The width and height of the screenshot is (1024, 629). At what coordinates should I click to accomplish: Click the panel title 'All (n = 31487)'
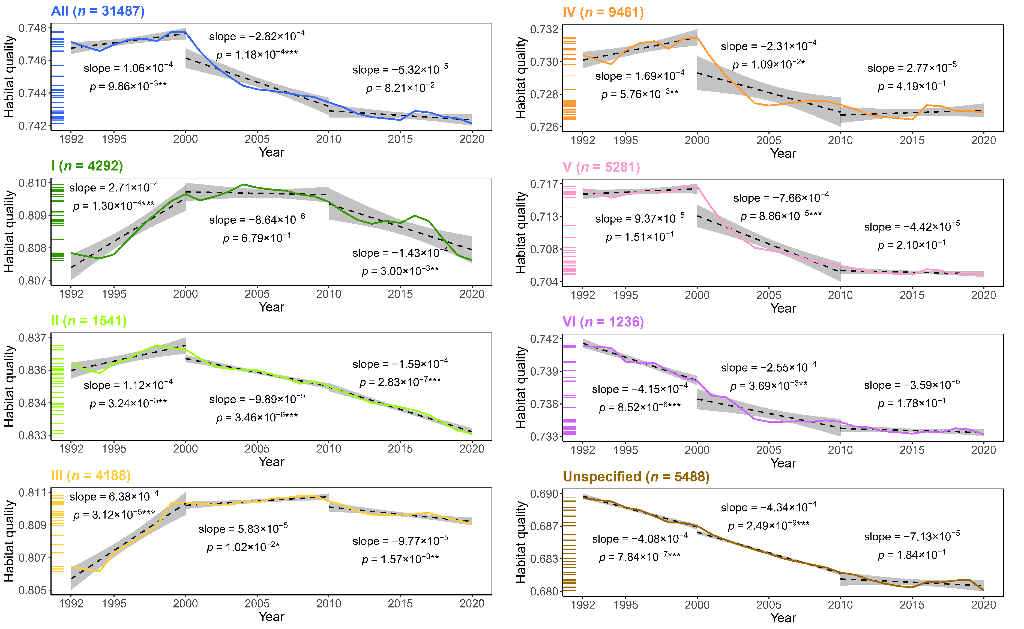pos(98,11)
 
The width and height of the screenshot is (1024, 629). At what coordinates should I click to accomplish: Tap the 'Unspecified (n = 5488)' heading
pos(636,477)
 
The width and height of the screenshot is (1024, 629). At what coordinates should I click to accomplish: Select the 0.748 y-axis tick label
pos(32,28)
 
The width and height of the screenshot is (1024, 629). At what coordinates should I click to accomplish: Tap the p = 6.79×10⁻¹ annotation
pos(257,238)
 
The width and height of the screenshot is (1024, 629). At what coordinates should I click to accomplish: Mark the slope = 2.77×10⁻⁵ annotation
pos(912,68)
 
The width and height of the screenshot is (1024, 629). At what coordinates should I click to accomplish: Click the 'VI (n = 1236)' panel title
pos(603,322)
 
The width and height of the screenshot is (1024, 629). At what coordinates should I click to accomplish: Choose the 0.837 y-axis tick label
pos(32,338)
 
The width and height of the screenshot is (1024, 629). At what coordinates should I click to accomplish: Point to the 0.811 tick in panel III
pos(32,493)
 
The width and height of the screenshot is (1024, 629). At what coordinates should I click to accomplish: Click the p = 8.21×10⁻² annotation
pos(400,88)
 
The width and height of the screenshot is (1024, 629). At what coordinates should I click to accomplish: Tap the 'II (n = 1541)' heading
pos(89,321)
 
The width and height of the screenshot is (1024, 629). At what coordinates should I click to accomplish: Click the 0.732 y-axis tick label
pos(544,29)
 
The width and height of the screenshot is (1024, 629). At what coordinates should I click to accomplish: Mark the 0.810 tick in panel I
pos(32,183)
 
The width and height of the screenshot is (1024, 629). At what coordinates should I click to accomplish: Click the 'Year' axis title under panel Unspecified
pos(783,618)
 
